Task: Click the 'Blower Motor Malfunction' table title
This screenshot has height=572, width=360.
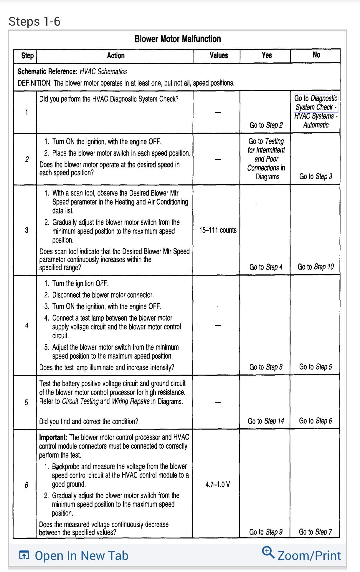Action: click(178, 39)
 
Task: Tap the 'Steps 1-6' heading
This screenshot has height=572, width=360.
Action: click(34, 21)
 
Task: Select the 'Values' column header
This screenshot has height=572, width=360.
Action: click(219, 55)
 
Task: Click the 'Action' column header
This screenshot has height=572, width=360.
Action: click(115, 55)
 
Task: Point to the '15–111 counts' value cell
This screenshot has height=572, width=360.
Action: click(218, 230)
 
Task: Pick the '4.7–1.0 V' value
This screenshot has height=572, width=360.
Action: click(218, 484)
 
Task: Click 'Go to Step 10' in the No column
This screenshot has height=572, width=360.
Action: click(316, 267)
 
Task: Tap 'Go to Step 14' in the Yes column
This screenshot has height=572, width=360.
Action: click(266, 421)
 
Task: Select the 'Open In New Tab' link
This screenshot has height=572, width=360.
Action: click(81, 556)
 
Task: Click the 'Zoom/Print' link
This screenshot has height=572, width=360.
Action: click(309, 556)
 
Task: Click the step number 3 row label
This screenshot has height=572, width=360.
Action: click(27, 230)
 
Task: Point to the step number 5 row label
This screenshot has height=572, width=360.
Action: click(27, 402)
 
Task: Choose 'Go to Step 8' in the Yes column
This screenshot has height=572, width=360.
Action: click(266, 367)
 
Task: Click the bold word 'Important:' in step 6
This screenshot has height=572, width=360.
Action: click(53, 437)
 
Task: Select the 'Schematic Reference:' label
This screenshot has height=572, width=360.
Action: click(48, 72)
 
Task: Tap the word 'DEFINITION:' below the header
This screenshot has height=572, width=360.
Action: click(34, 83)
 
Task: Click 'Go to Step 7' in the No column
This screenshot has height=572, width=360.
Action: click(315, 532)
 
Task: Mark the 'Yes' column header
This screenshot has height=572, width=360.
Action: click(267, 55)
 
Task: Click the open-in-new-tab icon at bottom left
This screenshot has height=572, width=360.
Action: click(24, 555)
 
